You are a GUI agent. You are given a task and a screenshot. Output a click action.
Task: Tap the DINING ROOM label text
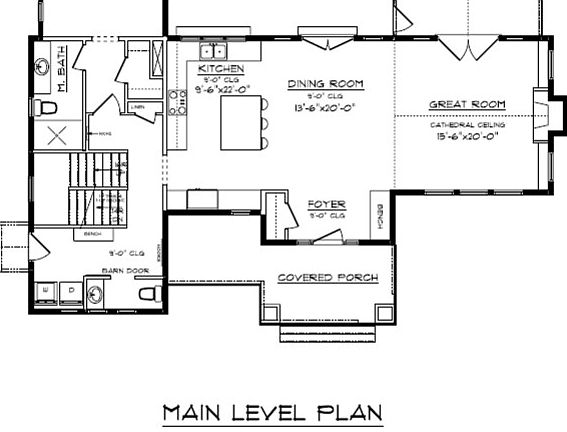tap(325, 84)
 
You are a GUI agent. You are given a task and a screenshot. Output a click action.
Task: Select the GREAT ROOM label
tap(466, 105)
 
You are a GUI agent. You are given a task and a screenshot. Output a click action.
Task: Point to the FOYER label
tap(326, 204)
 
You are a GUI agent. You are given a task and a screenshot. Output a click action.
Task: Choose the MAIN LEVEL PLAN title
tap(274, 411)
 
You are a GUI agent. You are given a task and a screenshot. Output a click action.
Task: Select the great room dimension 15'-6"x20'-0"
tap(466, 136)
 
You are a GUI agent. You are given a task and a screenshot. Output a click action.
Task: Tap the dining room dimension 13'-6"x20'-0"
tap(325, 108)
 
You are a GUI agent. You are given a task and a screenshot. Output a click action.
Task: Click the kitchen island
tap(241, 122)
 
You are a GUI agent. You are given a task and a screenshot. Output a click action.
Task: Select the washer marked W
tap(47, 292)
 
